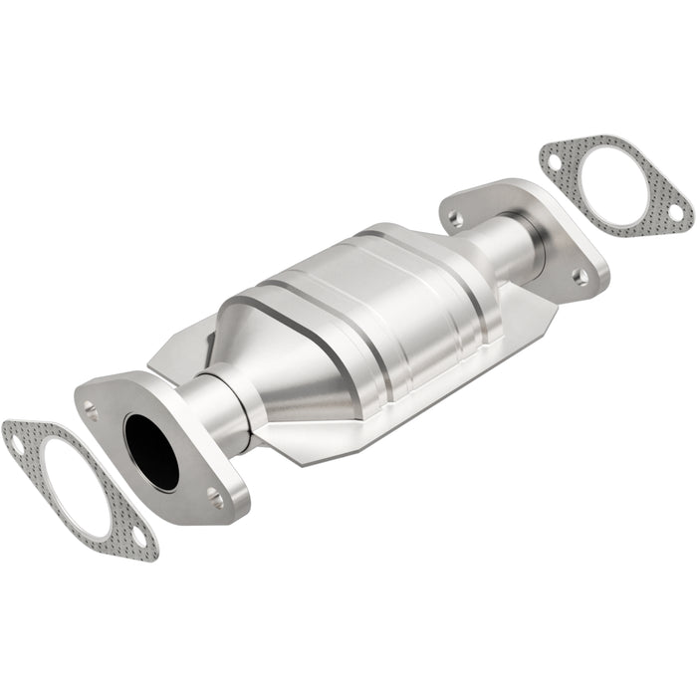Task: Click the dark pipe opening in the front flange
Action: point(151,450)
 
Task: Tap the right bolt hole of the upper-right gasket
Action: point(674,212)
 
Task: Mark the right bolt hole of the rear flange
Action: point(580,275)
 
